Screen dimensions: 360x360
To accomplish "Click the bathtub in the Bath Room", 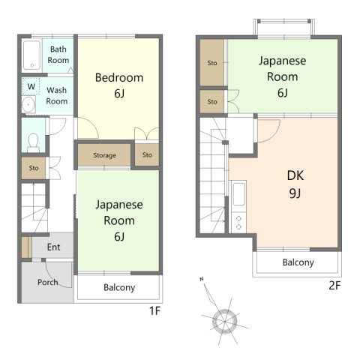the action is (31, 55).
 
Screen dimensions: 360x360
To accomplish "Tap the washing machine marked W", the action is (31, 86).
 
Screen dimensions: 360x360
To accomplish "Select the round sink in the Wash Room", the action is (28, 104).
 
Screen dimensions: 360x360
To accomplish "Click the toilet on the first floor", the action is (33, 142).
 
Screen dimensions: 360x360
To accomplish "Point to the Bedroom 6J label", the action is (119, 85).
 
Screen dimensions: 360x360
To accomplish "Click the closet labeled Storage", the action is (104, 155).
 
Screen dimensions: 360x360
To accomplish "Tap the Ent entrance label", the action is (53, 247).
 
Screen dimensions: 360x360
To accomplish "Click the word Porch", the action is (47, 282).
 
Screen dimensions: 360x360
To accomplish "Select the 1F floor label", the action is (154, 310).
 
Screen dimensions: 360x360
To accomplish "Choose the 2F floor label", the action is (334, 285).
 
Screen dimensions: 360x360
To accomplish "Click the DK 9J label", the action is (295, 184).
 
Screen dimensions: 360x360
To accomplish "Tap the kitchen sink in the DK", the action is (238, 194).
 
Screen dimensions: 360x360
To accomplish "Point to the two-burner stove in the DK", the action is (238, 223).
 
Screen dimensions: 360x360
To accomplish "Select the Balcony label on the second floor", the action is (298, 262).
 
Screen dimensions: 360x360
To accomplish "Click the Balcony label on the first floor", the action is (119, 287).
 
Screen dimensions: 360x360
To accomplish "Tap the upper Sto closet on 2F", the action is (212, 62).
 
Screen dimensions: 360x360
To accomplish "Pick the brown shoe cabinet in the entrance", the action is (26, 247).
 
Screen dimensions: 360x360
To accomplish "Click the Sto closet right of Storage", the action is (147, 154).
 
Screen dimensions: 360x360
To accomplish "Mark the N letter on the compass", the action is (202, 279).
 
